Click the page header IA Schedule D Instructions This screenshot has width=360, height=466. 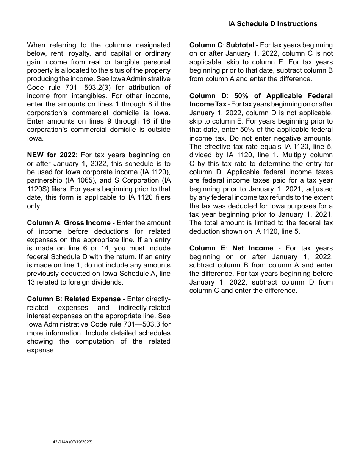point(272,24)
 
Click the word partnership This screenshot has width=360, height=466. point(44,180)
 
